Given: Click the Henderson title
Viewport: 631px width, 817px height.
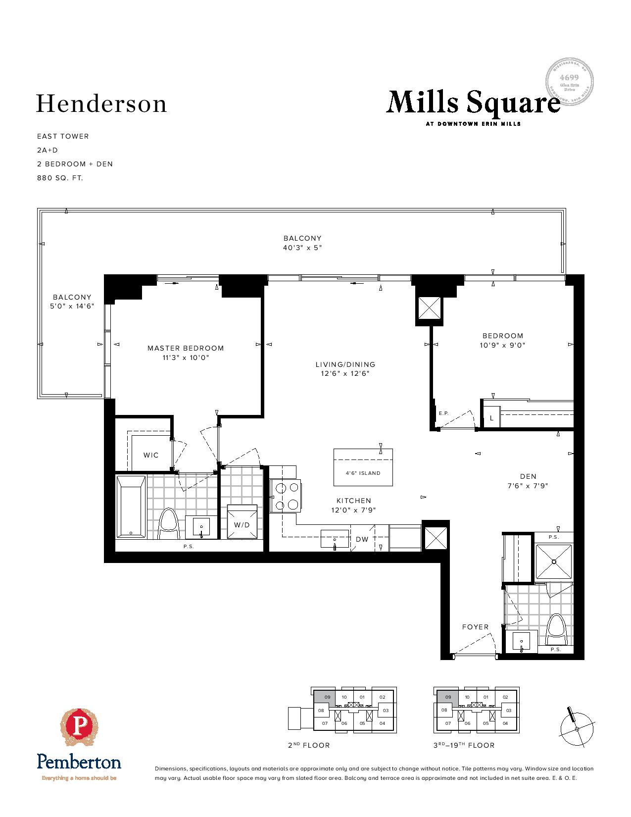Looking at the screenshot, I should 101,104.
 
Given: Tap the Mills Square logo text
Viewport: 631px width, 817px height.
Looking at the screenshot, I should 473,103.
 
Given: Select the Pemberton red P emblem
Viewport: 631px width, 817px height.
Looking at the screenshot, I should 79,727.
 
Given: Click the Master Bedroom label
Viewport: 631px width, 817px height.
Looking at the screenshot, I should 186,348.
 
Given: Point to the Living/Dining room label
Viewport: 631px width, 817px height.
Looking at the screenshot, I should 345,364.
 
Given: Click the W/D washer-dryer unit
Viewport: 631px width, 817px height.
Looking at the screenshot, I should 242,521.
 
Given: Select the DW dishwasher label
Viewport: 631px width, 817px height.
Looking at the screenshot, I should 362,539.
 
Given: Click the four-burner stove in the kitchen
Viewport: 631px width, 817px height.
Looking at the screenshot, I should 286,496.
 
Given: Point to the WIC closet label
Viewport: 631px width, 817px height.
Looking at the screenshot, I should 151,455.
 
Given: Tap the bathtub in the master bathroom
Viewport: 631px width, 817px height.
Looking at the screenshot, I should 131,507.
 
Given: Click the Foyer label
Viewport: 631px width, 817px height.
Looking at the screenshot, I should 475,627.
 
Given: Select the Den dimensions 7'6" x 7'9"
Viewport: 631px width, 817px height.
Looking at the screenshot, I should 528,486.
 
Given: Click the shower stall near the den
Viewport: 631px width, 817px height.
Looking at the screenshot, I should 554,562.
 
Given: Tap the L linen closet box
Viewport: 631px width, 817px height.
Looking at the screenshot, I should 491,418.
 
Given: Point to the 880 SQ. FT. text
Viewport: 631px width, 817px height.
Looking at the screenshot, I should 60,178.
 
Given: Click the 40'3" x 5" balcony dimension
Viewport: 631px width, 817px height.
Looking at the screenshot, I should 302,248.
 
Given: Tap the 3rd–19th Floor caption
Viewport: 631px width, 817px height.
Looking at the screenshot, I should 463,745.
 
